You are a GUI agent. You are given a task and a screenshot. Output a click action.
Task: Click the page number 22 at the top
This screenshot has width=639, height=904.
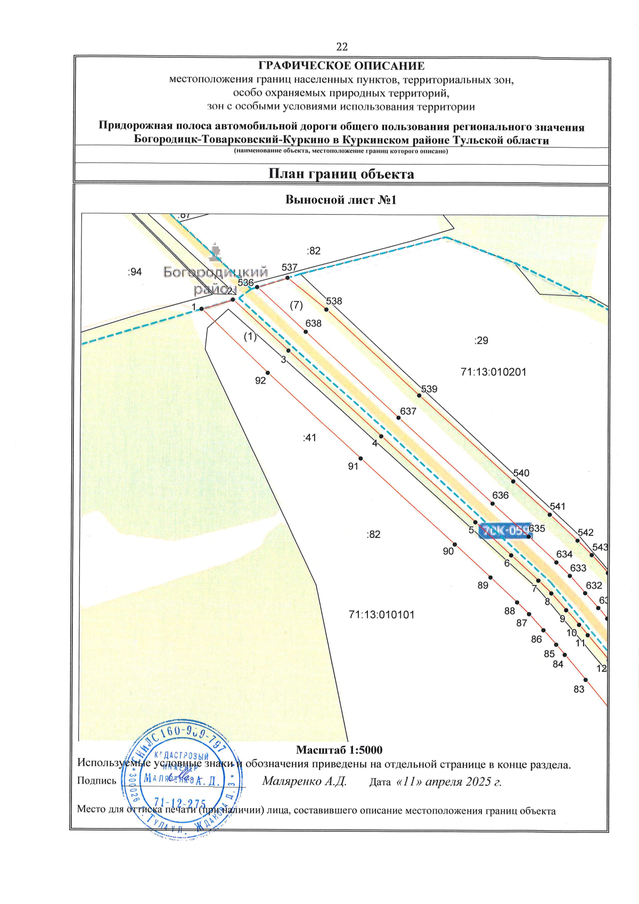click(x=342, y=47)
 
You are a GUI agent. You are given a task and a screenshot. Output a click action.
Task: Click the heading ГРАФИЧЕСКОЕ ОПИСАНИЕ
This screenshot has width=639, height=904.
click(x=341, y=66)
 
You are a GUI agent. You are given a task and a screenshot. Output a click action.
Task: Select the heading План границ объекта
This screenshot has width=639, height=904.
click(x=341, y=174)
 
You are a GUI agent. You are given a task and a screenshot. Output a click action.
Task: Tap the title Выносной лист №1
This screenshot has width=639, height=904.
click(x=341, y=200)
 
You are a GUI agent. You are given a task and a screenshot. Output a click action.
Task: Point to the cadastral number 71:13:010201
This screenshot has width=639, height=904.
click(x=493, y=372)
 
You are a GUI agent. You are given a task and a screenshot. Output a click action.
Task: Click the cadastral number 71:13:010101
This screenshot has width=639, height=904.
click(x=381, y=614)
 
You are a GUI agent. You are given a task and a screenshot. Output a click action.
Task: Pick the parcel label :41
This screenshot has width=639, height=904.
click(x=309, y=438)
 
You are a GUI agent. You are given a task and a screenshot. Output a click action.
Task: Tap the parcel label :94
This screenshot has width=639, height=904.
click(x=135, y=272)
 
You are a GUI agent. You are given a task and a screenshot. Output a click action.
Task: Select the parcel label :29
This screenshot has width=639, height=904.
click(x=481, y=340)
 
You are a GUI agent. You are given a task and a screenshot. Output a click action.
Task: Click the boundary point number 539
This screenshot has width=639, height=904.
click(x=429, y=389)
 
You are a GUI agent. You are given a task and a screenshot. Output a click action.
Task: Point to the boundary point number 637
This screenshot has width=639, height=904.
click(x=408, y=411)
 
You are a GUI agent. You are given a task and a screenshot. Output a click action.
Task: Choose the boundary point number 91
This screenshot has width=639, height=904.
click(x=353, y=466)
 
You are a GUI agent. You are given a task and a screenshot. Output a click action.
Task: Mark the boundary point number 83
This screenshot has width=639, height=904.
click(x=579, y=689)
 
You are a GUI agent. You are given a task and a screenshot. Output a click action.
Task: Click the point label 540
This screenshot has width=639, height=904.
click(x=521, y=473)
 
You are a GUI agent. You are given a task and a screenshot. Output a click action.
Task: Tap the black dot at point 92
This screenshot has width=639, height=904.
click(x=268, y=373)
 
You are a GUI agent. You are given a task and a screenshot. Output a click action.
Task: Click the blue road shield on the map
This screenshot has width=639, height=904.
click(x=505, y=531)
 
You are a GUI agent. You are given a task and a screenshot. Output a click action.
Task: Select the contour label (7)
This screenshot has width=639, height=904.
click(x=296, y=305)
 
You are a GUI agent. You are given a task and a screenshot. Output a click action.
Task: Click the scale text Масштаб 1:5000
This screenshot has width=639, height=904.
click(x=339, y=750)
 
